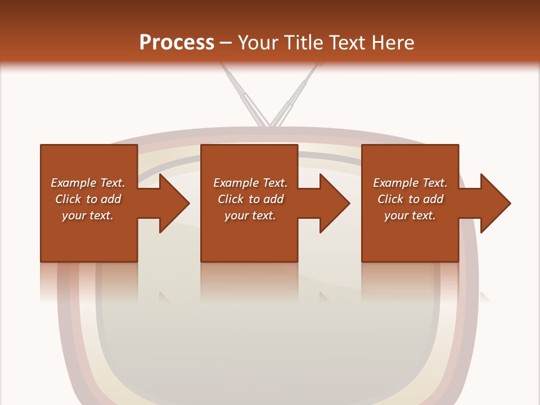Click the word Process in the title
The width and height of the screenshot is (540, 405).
[177, 43]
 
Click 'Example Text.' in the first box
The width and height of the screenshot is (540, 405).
[88, 183]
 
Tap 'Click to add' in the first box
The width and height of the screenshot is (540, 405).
[88, 199]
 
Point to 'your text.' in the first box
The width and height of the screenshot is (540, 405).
[88, 215]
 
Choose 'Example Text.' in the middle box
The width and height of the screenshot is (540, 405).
[250, 183]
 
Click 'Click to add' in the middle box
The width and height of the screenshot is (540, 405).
[250, 199]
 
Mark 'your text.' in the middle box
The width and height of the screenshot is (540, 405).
[250, 215]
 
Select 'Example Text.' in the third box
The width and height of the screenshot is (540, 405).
[410, 183]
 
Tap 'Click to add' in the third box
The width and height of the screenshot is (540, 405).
[410, 199]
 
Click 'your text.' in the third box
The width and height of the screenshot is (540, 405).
[410, 215]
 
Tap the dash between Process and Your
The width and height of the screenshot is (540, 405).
[226, 43]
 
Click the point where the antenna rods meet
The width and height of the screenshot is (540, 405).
[269, 124]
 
